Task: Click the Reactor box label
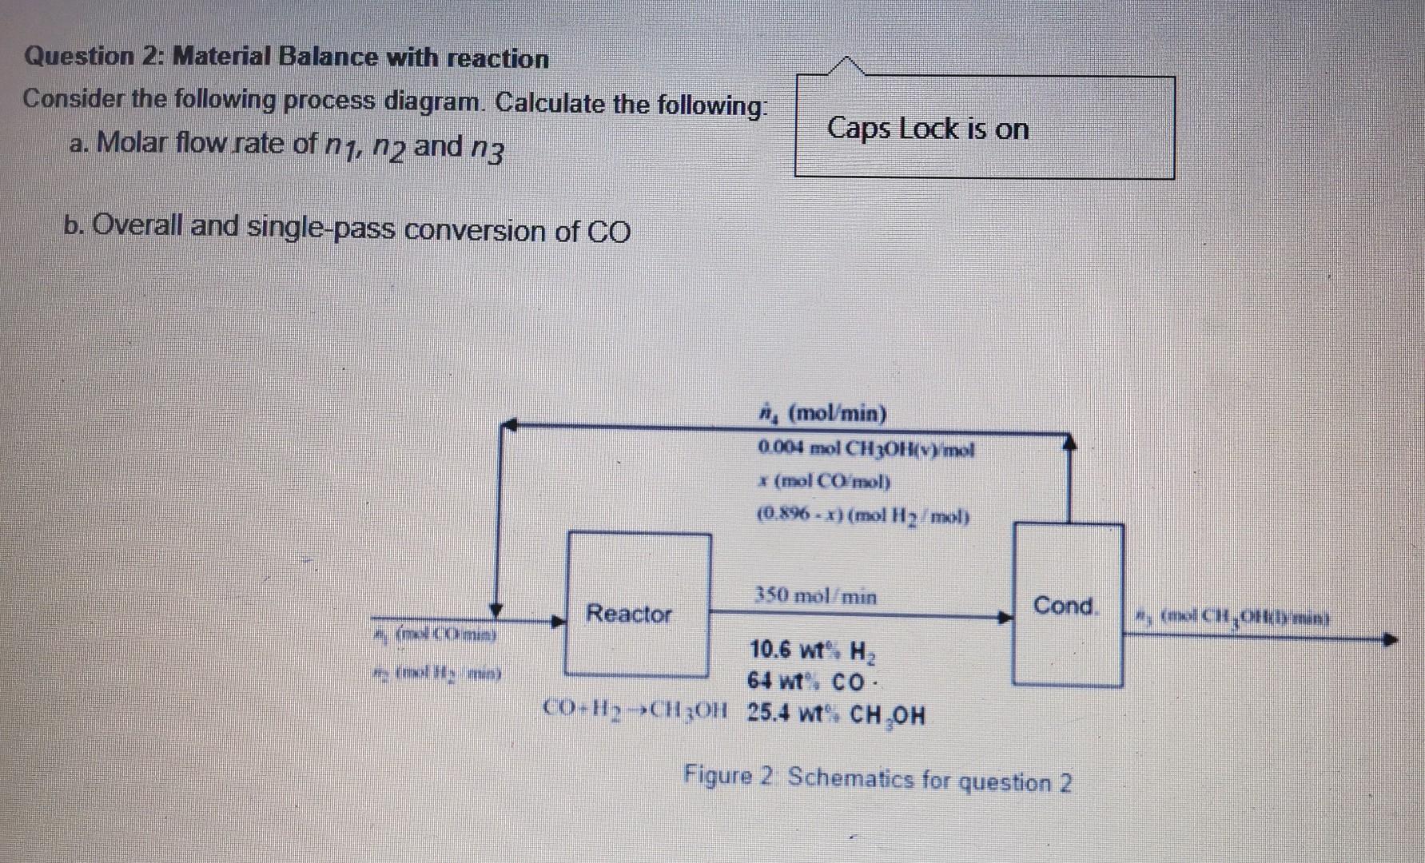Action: (629, 614)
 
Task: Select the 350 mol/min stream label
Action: (815, 596)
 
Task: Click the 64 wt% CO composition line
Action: (808, 682)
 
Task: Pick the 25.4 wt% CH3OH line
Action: (836, 714)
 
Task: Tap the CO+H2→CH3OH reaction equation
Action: (635, 708)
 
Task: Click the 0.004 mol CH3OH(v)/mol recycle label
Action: (866, 450)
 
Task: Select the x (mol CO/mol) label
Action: (823, 482)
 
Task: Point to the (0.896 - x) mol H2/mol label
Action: (862, 516)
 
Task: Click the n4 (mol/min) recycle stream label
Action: (822, 414)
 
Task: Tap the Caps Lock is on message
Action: (928, 129)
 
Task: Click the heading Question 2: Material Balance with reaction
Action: (286, 58)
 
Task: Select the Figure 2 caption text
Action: (877, 778)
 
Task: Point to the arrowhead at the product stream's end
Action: (1391, 640)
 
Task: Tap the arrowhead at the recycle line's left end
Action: (509, 425)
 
